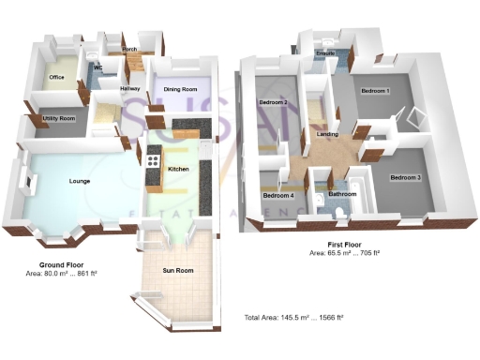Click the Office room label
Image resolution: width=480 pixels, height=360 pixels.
[x=56, y=77]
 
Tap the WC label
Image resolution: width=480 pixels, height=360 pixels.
[x=97, y=68]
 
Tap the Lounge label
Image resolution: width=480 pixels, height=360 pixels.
[x=79, y=180]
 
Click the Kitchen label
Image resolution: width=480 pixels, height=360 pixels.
[x=178, y=169]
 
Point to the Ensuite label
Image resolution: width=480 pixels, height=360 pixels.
[x=326, y=55]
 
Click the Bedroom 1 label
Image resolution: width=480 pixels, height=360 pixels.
[x=375, y=90]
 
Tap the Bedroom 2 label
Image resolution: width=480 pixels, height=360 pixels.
[x=273, y=101]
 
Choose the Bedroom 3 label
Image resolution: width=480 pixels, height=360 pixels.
[x=406, y=177]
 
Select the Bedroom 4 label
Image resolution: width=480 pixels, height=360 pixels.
[x=278, y=195]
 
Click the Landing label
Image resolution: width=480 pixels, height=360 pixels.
[x=328, y=135]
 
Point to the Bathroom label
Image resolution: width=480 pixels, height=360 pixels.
[x=342, y=195]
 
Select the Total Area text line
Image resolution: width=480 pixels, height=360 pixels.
[x=294, y=319]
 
